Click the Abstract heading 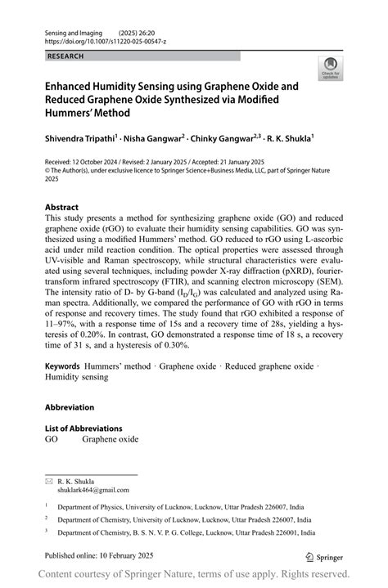(62, 208)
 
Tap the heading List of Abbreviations (83, 428)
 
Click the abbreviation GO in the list (51, 439)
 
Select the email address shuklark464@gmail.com (93, 490)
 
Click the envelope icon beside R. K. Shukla (48, 481)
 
